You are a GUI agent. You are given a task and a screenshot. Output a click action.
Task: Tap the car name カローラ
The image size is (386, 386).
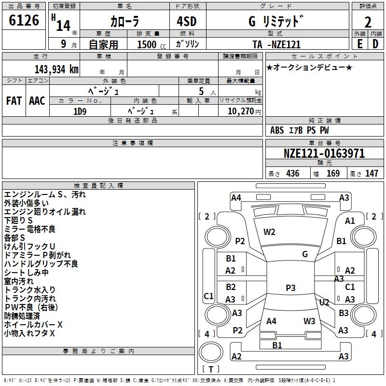124,22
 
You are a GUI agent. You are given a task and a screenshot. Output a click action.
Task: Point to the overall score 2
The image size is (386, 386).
368,22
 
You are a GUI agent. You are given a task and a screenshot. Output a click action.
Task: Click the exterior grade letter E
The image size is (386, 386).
359,44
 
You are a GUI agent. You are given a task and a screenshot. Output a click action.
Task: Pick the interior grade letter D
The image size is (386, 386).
375,44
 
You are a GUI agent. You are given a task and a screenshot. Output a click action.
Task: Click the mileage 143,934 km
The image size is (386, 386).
56,69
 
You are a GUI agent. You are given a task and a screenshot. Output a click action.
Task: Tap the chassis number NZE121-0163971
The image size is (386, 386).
324,153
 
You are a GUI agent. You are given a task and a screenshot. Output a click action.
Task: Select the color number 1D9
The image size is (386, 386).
80,110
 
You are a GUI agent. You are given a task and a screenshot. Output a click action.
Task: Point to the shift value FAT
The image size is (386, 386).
14,101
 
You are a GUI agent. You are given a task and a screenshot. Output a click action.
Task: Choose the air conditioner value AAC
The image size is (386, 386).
37,101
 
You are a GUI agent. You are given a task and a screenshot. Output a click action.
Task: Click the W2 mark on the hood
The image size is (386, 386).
269,232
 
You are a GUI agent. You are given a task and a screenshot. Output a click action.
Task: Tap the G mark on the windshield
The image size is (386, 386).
305,254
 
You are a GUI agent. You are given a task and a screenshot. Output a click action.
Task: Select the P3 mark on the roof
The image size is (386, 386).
290,288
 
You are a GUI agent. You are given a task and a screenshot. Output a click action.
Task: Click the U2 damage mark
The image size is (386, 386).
324,303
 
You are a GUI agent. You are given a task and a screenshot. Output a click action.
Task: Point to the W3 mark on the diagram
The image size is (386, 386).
309,321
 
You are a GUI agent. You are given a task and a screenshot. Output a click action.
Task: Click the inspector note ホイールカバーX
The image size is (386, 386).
33,325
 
